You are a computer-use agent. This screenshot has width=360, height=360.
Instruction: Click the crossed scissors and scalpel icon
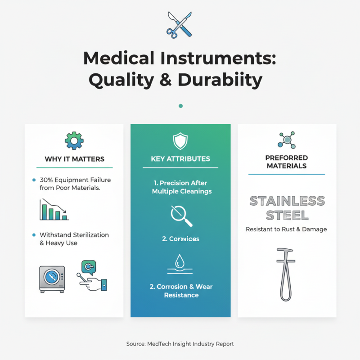(179, 24)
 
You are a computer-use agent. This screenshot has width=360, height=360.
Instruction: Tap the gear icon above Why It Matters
(74, 140)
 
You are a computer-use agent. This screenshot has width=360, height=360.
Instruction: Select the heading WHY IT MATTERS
(74, 159)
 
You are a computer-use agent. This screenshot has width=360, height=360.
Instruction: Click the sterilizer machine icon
(52, 279)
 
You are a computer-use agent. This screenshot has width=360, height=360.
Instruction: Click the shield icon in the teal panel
(180, 142)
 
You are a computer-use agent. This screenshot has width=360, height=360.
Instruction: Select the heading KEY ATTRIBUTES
(180, 159)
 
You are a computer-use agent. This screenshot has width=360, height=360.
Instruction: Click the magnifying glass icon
(181, 216)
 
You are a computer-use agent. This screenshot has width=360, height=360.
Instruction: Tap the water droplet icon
(180, 261)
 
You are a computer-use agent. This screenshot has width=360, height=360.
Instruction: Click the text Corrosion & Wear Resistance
(180, 291)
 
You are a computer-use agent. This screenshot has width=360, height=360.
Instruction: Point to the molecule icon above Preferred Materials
(287, 140)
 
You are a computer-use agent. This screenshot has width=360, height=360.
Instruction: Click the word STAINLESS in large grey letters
(287, 201)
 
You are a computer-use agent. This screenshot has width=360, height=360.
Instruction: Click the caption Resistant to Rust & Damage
(286, 229)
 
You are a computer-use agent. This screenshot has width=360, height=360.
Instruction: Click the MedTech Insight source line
(180, 344)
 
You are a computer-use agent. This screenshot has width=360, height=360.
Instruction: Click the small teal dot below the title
(180, 106)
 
